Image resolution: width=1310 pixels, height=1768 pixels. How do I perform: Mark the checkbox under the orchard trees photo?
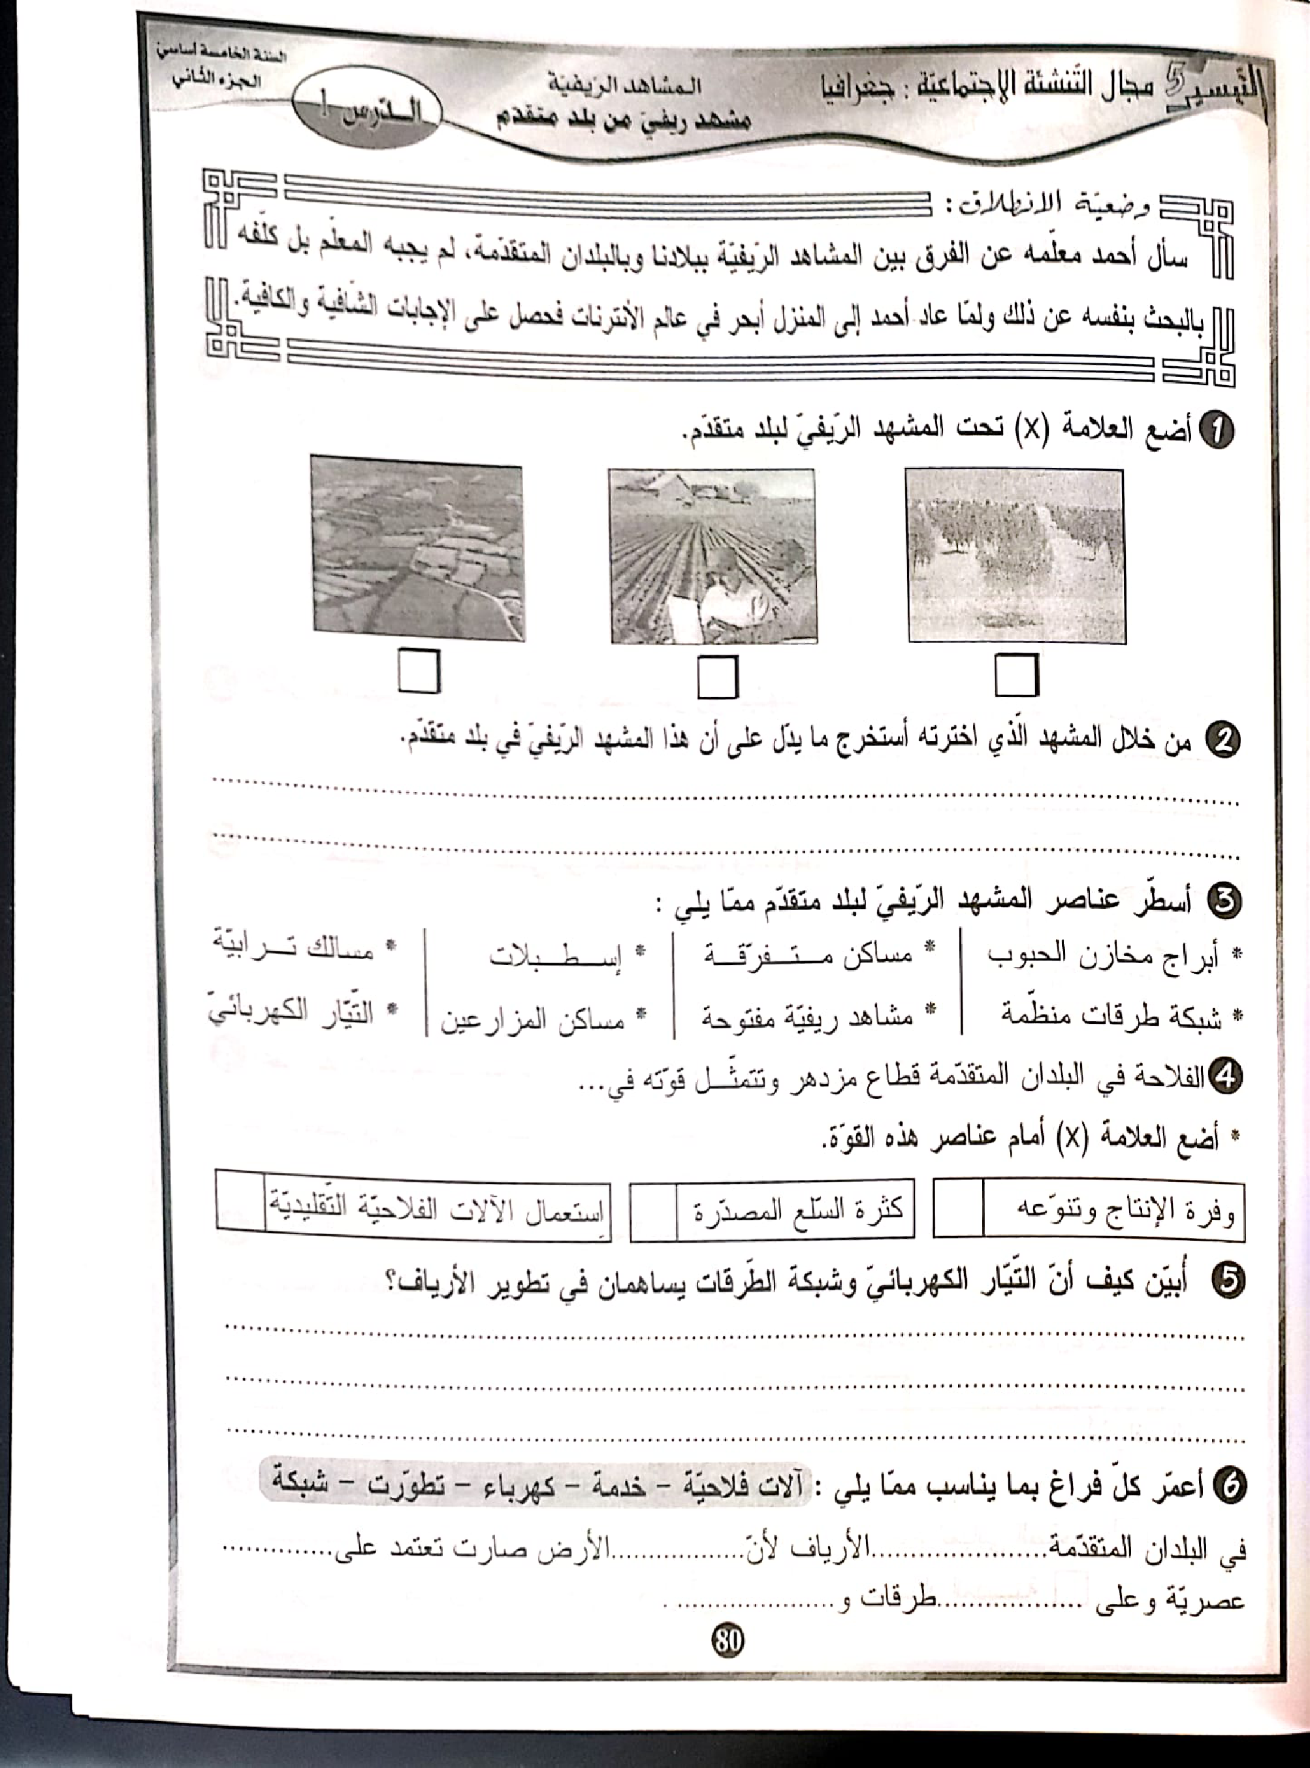(1016, 677)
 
